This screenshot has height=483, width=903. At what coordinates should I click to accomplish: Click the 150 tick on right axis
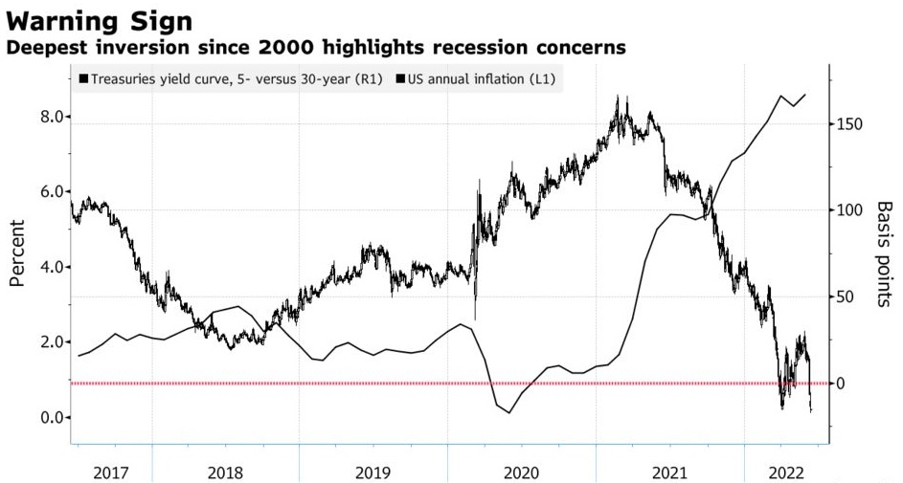850,125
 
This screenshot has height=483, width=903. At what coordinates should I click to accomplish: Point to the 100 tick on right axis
850,210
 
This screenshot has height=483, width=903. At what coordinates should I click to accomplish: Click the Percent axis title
17,253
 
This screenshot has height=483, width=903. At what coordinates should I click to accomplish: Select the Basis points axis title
884,253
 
